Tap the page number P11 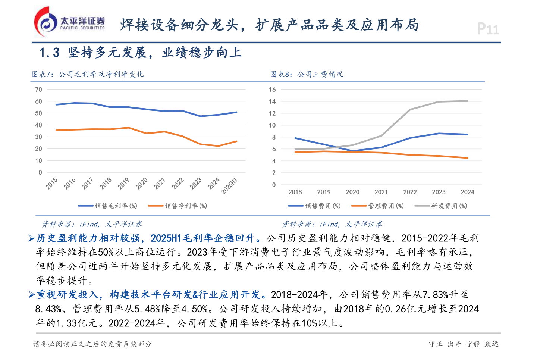pyautogui.click(x=488, y=29)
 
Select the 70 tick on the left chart pyautogui.click(x=38, y=90)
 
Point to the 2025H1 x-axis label pyautogui.click(x=229, y=186)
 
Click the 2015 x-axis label pyautogui.click(x=52, y=183)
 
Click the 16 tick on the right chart pyautogui.click(x=272, y=90)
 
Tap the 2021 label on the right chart pyautogui.click(x=381, y=192)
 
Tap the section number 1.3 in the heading pyautogui.click(x=50, y=53)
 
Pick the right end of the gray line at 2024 pyautogui.click(x=468, y=101)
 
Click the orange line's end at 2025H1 pyautogui.click(x=236, y=141)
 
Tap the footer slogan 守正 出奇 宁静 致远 pyautogui.click(x=464, y=344)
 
